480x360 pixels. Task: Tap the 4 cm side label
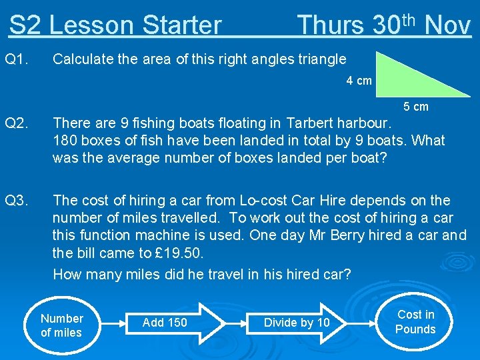tap(359, 81)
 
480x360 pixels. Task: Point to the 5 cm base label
tap(416, 107)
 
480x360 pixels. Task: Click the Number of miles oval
tap(61, 326)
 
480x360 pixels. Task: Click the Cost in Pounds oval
tap(415, 322)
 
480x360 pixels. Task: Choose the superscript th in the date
tap(409, 18)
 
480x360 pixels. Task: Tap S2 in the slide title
tap(25, 25)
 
